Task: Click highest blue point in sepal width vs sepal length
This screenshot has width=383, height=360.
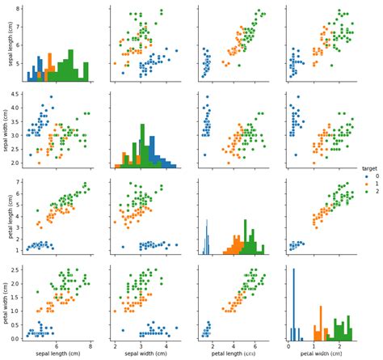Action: coord(50,97)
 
